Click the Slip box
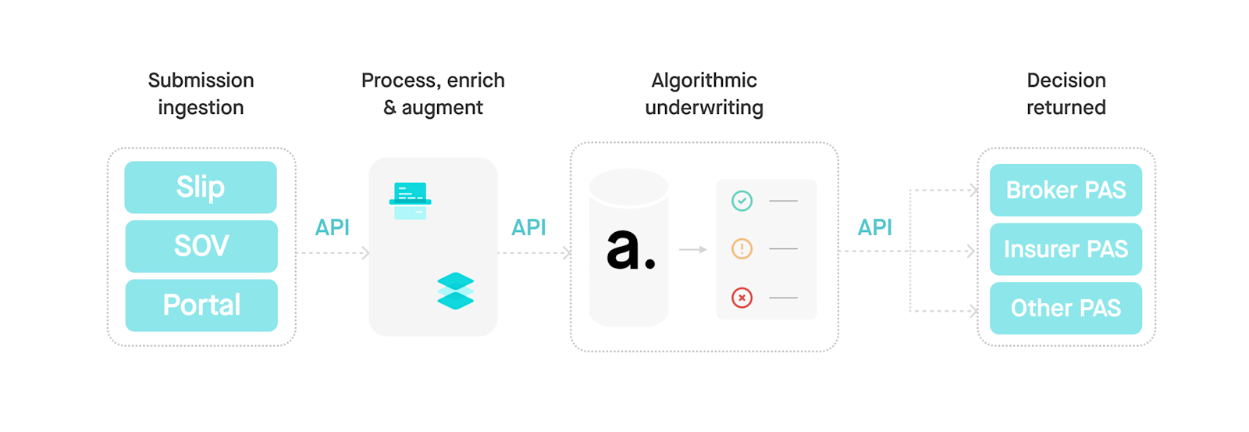coord(201,187)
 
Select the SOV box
coord(201,246)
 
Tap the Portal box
coord(201,305)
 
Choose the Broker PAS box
coord(1066,190)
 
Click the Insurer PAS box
coord(1066,249)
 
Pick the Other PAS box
coord(1066,308)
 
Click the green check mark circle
coord(742,201)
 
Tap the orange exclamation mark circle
coord(742,249)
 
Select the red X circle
coord(742,298)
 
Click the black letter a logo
coord(629,250)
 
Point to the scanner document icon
coord(411,201)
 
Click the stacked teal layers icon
coord(456,291)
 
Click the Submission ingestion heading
coord(201,94)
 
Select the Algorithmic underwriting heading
coord(704,94)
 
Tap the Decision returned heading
coord(1066,94)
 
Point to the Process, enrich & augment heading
coord(433,94)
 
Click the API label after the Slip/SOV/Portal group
coord(332,227)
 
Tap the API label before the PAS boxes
coord(874,227)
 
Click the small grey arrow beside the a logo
coord(692,249)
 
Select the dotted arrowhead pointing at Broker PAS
coord(973,190)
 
